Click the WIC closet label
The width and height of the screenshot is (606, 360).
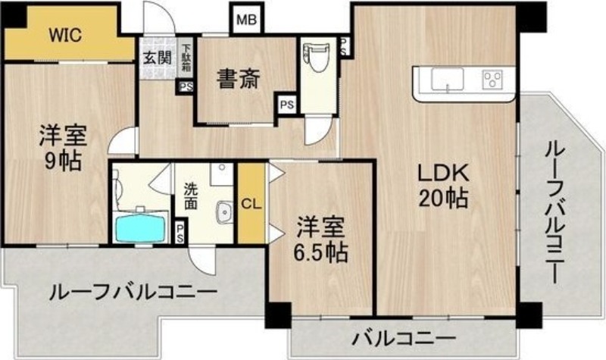[65, 35]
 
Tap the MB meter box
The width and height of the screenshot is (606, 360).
[247, 20]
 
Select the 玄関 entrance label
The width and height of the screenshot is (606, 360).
[158, 58]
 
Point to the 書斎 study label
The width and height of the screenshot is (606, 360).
[239, 79]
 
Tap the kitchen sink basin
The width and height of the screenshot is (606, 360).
[447, 80]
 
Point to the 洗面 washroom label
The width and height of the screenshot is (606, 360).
[190, 196]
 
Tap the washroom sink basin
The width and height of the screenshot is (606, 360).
[223, 212]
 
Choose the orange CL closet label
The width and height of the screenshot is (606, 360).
[251, 204]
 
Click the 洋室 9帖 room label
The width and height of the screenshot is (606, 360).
[63, 148]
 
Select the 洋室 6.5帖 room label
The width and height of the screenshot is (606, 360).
[320, 240]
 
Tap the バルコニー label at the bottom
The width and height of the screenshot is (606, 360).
[404, 339]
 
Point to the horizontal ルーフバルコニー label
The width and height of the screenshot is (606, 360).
[133, 293]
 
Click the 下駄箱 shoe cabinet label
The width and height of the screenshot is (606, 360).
[186, 58]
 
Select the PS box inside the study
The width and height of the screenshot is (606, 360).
[287, 105]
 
